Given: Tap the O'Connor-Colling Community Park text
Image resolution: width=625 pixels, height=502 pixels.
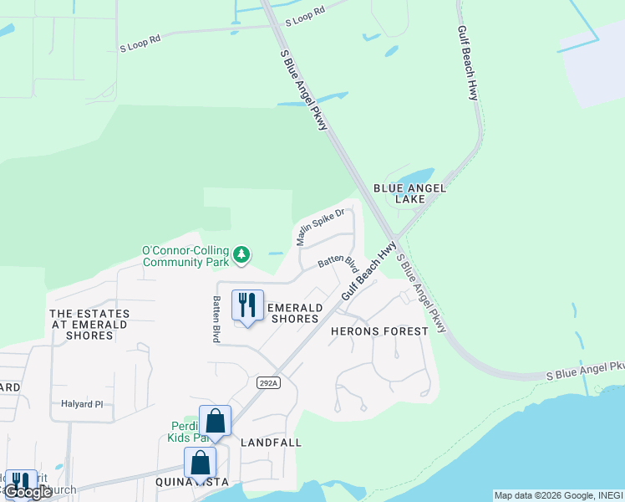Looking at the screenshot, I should pyautogui.click(x=185, y=256).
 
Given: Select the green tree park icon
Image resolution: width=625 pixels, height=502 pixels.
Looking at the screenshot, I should pyautogui.click(x=241, y=254).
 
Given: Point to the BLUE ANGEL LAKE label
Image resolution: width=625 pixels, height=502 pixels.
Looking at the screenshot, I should pyautogui.click(x=409, y=194).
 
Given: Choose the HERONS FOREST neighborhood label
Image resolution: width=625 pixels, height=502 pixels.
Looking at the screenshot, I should pyautogui.click(x=379, y=331).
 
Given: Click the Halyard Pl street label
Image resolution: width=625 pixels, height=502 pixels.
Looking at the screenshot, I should pyautogui.click(x=82, y=404).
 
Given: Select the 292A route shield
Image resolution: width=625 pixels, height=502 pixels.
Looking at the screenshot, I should pyautogui.click(x=266, y=382).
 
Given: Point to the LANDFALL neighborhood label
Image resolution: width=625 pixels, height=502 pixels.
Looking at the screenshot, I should pyautogui.click(x=271, y=442).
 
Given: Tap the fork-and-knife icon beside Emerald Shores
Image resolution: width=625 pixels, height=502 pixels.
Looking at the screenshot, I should pyautogui.click(x=246, y=305).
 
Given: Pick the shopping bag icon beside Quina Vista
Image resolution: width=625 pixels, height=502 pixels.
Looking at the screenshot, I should pyautogui.click(x=201, y=463).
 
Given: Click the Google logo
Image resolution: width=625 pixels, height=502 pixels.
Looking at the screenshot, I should pyautogui.click(x=28, y=492).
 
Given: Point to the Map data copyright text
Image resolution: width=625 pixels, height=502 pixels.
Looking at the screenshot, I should pyautogui.click(x=557, y=495).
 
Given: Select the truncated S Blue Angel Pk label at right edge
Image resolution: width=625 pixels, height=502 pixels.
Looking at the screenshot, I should pyautogui.click(x=585, y=371).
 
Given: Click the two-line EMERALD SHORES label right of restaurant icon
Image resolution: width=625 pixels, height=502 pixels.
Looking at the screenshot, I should pyautogui.click(x=292, y=313).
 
